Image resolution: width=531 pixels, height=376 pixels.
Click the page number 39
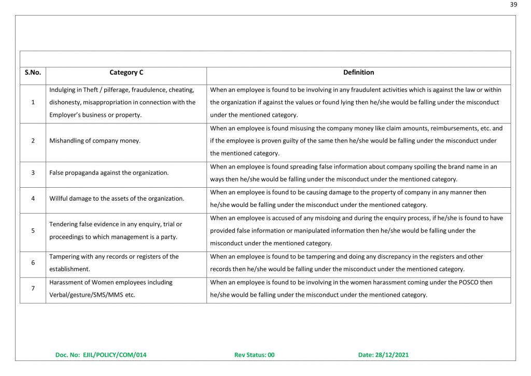[x=513, y=5]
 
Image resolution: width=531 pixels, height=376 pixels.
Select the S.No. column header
[x=33, y=73]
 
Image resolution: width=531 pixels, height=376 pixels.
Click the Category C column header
[x=127, y=73]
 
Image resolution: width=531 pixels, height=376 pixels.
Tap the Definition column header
[x=358, y=73]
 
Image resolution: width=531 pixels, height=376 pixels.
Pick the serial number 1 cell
[x=33, y=102]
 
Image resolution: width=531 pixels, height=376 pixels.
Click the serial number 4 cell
[x=33, y=199]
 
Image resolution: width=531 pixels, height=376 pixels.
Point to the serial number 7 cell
[x=33, y=288]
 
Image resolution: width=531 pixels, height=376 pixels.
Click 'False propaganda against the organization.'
[x=109, y=173]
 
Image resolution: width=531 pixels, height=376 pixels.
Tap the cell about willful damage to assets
[x=117, y=199]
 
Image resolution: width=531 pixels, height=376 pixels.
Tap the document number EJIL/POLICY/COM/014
[x=115, y=355]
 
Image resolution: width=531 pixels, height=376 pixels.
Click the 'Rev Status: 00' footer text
[x=255, y=355]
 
